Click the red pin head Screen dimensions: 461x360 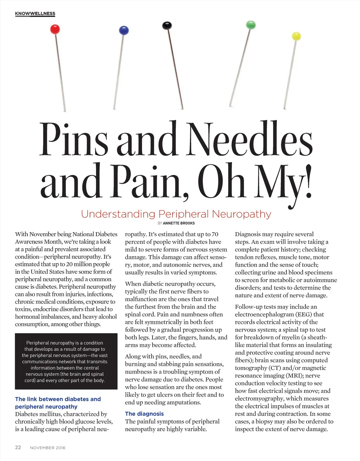click(55, 29)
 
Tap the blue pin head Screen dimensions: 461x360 click(124, 30)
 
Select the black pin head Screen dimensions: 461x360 click(167, 25)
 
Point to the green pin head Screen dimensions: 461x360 click(251, 25)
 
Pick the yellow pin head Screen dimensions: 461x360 click(296, 36)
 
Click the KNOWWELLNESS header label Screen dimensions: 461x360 click(35, 14)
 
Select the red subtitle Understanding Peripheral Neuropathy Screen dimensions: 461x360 click(176, 214)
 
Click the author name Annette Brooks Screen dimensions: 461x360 click(179, 223)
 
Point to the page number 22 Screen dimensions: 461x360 click(18, 447)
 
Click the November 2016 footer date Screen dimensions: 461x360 click(47, 448)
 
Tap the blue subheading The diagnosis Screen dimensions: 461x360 click(144, 414)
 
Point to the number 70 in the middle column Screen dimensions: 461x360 click(214, 234)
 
